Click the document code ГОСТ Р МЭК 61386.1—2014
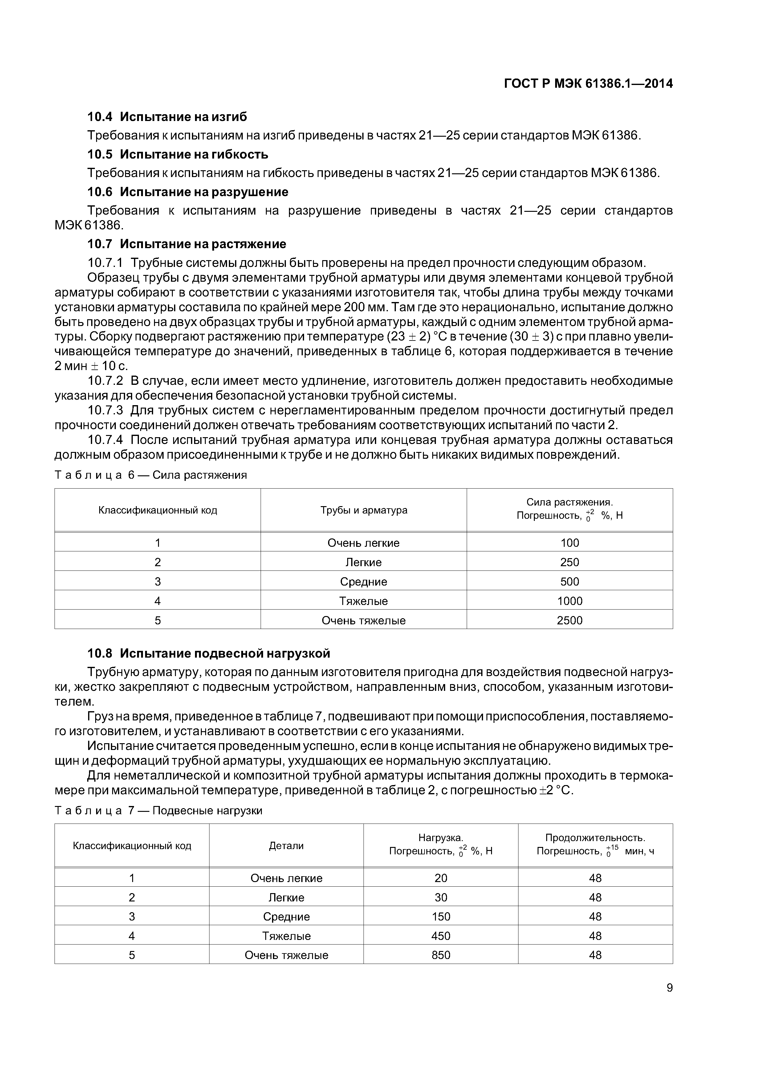pos(588,84)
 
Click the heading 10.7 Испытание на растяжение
pos(187,244)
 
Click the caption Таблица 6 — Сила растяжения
pos(151,475)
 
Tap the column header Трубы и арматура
pos(364,510)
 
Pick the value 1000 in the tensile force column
pos(570,601)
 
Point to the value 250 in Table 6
pos(570,562)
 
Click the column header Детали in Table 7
pos(286,846)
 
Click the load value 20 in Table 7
pos(441,878)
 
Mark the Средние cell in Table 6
pos(364,582)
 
